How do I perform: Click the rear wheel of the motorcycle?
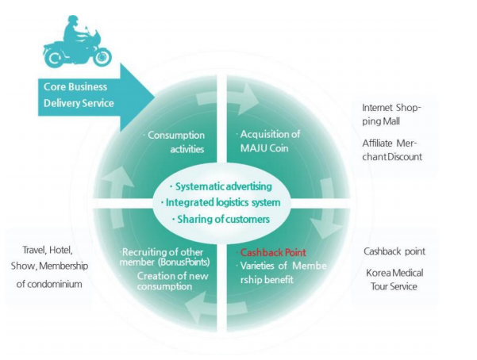pyautogui.click(x=54, y=56)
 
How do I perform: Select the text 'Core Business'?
pyautogui.click(x=75, y=86)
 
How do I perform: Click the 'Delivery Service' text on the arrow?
pyautogui.click(x=79, y=103)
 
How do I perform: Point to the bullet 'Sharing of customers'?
pyautogui.click(x=221, y=219)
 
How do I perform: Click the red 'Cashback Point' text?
pyautogui.click(x=273, y=251)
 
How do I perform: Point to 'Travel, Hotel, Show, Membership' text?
pyautogui.click(x=48, y=257)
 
